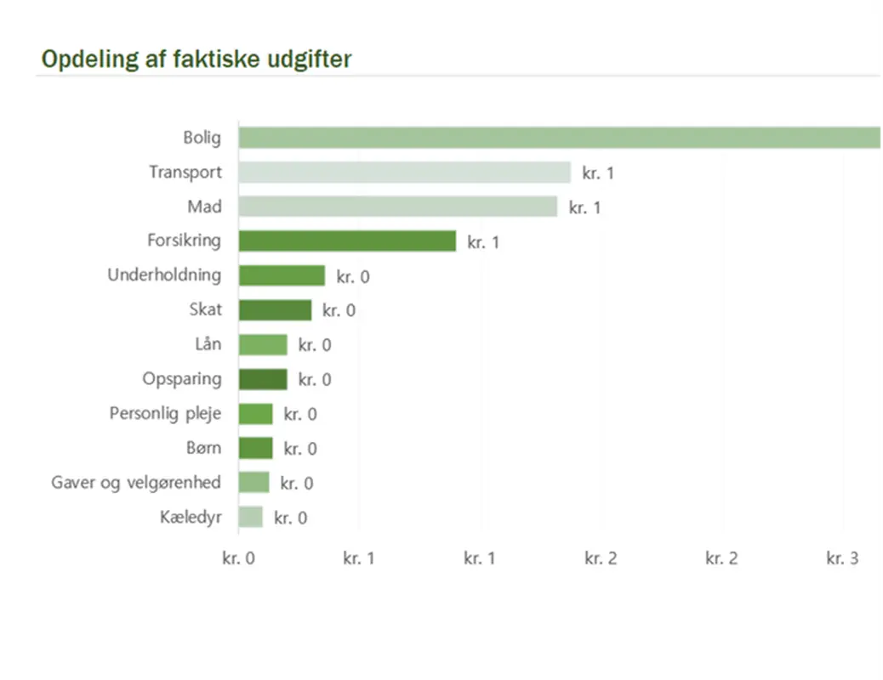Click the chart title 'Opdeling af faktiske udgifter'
coord(197,59)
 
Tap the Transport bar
coord(404,173)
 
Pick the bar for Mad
coord(397,207)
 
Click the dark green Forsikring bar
coord(347,241)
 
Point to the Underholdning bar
coord(282,275)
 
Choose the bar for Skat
coord(275,310)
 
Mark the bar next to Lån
coord(263,344)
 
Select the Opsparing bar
coord(263,379)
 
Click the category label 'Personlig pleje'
coord(165,414)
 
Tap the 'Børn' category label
coord(203,448)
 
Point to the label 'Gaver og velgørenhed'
coord(136,483)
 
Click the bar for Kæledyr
coord(251,517)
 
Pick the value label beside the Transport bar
coord(598,173)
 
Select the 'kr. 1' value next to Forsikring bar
coord(483,242)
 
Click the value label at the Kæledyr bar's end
coord(291,518)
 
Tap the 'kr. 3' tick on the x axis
coord(842,558)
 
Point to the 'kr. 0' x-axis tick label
coord(238,558)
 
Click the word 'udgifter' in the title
coord(309,59)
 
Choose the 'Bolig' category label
coord(202,138)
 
